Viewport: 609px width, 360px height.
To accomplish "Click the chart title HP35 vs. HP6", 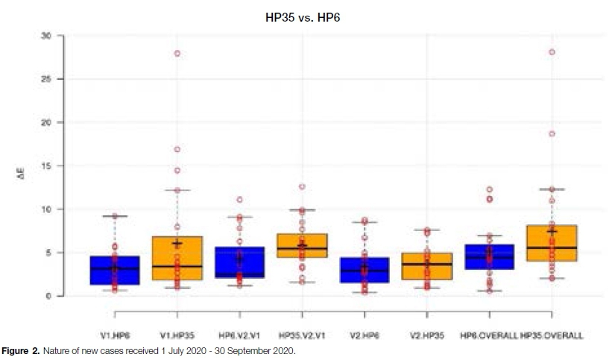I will [304, 15].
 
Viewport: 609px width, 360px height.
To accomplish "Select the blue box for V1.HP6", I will [114, 270].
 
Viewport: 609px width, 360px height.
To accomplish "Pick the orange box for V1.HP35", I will [177, 258].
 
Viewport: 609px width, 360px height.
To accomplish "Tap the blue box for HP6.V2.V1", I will [239, 262].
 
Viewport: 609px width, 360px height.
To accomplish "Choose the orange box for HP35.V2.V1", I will [302, 245].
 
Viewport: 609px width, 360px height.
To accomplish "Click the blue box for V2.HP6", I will [365, 270].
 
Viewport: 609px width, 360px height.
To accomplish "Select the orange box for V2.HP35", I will [427, 266].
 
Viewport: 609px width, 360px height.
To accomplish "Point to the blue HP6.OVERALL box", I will [489, 256].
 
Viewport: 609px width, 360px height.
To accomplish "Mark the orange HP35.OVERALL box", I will [552, 243].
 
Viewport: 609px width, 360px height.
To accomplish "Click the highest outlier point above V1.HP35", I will [177, 53].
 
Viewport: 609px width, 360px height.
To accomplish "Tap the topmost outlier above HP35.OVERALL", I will [552, 52].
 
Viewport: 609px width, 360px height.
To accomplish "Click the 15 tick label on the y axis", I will [46, 166].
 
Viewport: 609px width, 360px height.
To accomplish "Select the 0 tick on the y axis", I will [48, 297].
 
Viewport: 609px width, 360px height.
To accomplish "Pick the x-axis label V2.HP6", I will [365, 336].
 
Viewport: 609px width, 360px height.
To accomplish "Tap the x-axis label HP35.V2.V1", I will [302, 336].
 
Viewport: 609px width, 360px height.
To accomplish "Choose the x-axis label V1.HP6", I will [114, 336].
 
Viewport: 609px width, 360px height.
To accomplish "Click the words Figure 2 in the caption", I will [22, 350].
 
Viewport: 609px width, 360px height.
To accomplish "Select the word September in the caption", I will [254, 350].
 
